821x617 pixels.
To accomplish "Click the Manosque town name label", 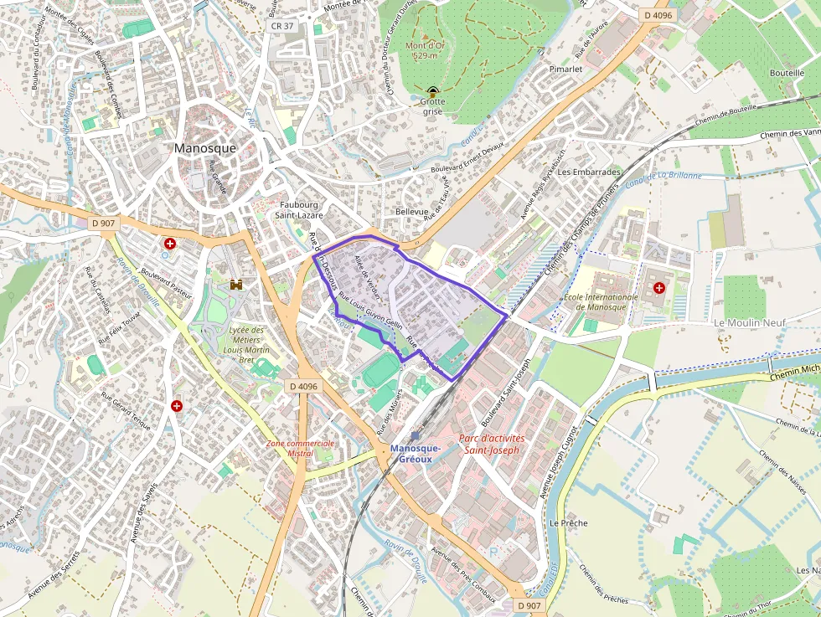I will coord(205,148).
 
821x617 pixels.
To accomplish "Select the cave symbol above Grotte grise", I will coord(432,91).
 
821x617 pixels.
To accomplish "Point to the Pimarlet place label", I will coord(565,69).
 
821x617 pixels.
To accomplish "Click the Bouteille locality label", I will coord(787,73).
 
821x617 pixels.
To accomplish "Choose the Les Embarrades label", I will coord(589,172).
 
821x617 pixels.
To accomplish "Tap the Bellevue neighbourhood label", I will coord(411,213).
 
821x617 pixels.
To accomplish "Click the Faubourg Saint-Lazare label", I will coord(299,209).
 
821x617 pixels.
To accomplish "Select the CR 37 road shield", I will coord(282,26).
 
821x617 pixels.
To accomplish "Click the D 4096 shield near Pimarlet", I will coord(658,15).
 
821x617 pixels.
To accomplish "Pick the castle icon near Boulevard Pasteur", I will coord(236,285).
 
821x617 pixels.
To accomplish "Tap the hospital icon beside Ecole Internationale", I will coord(659,288).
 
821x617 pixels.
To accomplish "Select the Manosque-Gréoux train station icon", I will coord(415,435).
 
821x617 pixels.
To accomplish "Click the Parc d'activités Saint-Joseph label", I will coord(492,444).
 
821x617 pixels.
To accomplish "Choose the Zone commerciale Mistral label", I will coord(301,448).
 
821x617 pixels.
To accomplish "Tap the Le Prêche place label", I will coord(568,522).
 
